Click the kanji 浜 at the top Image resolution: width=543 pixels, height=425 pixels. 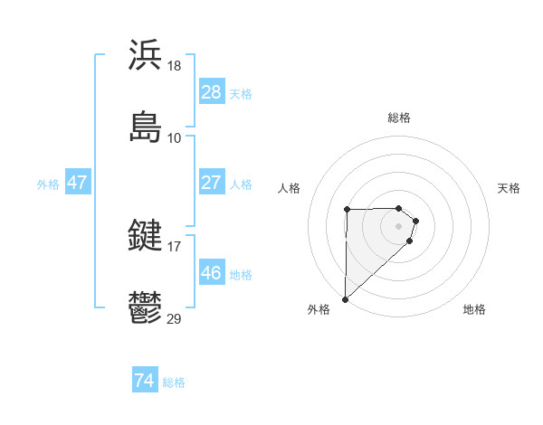coord(145,55)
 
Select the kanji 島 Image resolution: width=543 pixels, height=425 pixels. coord(145,127)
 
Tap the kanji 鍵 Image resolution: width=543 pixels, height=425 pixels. coord(145,236)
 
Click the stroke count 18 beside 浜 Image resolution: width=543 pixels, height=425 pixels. coord(175,66)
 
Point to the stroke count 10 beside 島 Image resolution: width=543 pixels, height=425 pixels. coord(175,138)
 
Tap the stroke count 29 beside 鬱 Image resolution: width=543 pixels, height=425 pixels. coord(175,319)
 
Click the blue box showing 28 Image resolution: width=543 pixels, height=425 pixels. coord(211,92)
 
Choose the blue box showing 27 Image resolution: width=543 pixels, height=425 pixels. coord(211,183)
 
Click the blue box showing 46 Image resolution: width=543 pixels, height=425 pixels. coord(211,273)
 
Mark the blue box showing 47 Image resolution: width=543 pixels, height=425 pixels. coord(78,183)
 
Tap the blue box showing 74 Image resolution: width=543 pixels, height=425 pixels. coord(144,382)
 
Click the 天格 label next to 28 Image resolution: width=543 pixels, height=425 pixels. coord(241,93)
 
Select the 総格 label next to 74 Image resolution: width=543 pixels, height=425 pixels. coord(174,382)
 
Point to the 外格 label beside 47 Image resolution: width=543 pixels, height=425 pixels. coord(48,184)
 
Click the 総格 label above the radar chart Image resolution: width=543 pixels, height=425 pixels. coord(399,118)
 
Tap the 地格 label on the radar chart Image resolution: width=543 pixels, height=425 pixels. coord(474,309)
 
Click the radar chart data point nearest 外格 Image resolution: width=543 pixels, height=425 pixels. coord(346,298)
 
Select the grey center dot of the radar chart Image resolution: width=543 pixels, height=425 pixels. coord(399,226)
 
